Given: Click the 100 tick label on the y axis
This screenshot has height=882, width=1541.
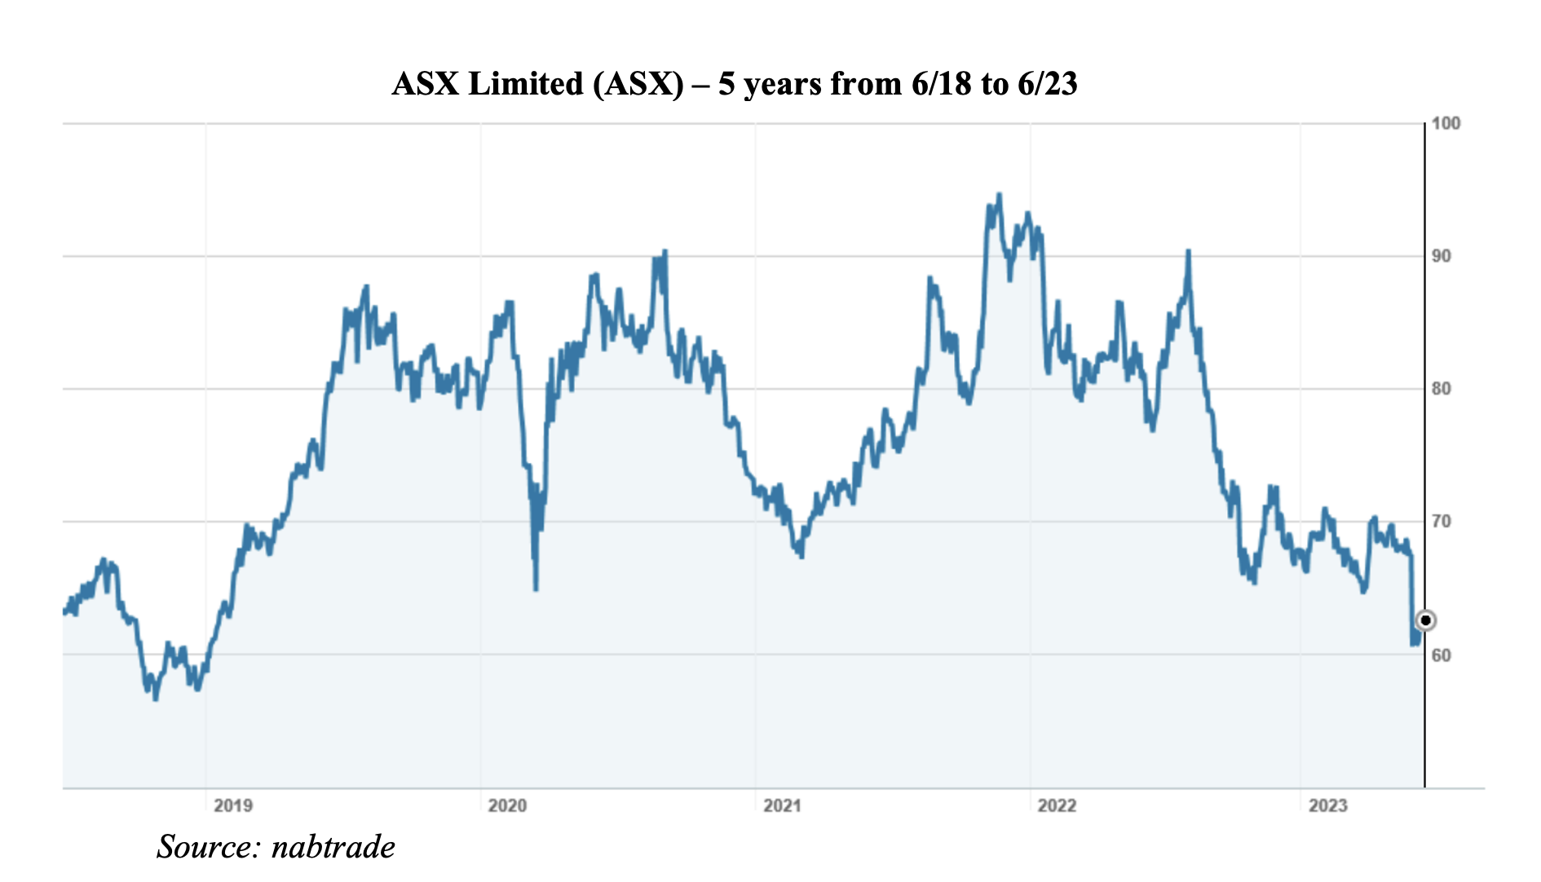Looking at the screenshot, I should point(1446,124).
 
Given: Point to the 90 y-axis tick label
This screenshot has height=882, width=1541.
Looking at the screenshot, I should point(1442,256).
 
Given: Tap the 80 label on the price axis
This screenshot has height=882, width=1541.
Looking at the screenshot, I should point(1442,389).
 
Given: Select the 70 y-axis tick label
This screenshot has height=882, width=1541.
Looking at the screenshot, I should point(1442,522).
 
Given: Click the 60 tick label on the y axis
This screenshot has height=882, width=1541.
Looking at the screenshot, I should point(1442,655).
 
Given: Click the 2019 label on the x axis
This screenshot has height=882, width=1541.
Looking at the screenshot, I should point(233,806).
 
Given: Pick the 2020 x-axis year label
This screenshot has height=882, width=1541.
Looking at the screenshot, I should point(507,806).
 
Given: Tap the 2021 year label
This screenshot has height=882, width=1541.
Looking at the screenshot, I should point(782,806).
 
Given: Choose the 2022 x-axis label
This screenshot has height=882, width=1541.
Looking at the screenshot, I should point(1057,806).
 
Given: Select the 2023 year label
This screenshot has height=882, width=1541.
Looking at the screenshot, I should point(1327,806).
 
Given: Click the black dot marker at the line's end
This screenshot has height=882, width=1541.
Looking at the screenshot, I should point(1425,620).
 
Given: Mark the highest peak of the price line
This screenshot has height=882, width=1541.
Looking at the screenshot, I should point(999,195).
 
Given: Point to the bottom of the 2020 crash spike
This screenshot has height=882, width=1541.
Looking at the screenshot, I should point(536,589).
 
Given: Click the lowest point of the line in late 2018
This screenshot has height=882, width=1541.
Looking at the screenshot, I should point(155,699).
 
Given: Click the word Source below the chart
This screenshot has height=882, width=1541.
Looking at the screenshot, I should point(208,847).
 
